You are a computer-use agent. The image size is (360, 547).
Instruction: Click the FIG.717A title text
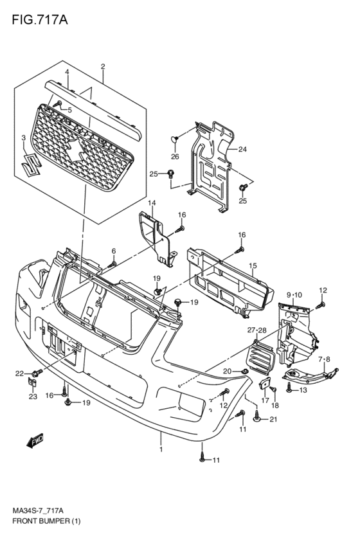(40, 20)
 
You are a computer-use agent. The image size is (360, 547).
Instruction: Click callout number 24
(242, 149)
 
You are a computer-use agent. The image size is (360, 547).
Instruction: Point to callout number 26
(175, 157)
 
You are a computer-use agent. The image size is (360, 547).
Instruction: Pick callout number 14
(152, 203)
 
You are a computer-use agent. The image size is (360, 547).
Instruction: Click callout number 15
(253, 266)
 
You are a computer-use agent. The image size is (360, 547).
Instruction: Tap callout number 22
(19, 373)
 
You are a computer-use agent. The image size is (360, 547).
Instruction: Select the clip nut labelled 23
(32, 382)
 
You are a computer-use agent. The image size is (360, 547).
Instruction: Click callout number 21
(273, 419)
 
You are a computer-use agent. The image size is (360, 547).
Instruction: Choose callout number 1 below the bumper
(161, 450)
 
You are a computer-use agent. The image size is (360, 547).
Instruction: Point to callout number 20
(227, 372)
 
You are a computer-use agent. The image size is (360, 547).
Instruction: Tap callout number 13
(303, 390)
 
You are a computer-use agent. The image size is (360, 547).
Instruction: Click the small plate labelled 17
(264, 384)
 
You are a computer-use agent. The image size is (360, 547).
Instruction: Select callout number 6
(113, 251)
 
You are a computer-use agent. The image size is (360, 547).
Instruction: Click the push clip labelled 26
(175, 139)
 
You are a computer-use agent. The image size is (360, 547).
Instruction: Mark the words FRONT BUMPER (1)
(46, 532)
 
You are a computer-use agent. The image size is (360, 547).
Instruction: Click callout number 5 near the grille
(69, 111)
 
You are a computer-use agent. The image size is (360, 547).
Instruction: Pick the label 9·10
(294, 295)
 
